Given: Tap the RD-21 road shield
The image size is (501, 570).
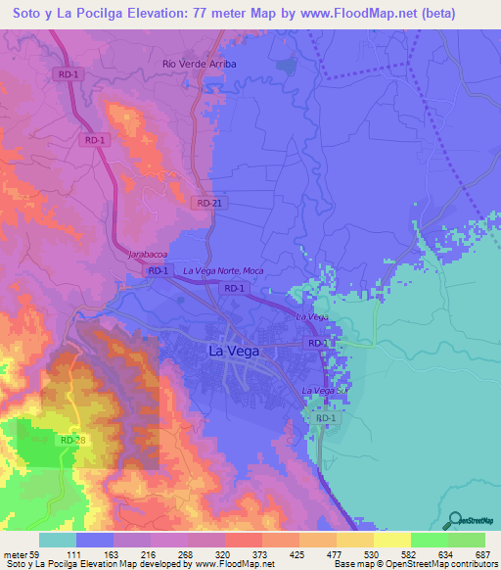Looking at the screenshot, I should [204, 202].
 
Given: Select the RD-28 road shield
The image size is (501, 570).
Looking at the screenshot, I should [73, 441].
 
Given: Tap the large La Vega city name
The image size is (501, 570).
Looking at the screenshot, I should [235, 350].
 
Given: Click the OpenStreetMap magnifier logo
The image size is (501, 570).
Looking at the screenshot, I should [454, 521].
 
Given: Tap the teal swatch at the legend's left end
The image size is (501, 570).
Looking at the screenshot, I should [58, 540].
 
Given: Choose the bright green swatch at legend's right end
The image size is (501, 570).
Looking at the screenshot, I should [467, 540].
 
